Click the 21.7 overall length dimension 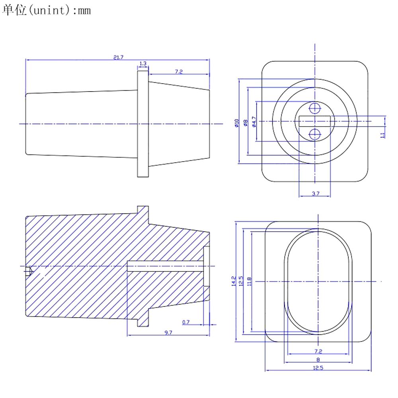point(118,57)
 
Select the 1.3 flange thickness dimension point(143,63)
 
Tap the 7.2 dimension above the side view point(179,72)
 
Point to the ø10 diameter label point(236,123)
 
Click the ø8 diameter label point(245,123)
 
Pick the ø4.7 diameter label point(254,122)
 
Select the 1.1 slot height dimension point(383,135)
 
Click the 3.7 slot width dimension point(316,194)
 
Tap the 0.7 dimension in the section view point(186,322)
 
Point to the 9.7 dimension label point(168,332)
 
